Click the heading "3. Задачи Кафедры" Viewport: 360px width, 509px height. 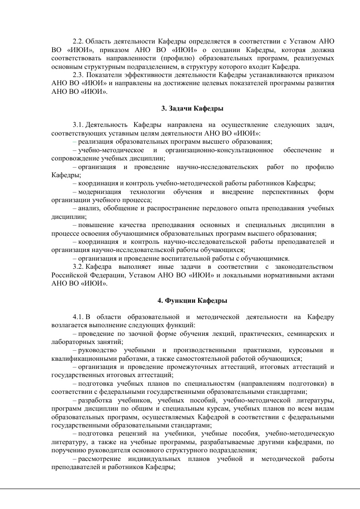(192, 108)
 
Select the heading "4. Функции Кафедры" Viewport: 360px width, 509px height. (192, 300)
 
